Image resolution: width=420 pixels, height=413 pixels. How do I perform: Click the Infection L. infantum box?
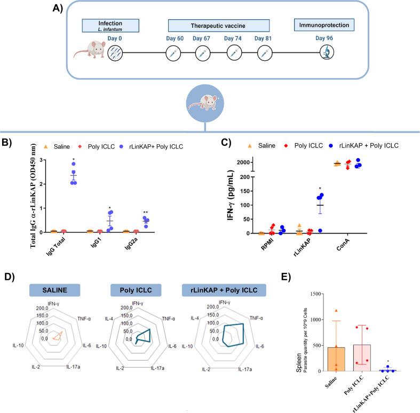coord(110,26)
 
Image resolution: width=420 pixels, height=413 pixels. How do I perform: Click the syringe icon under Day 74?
coord(233,53)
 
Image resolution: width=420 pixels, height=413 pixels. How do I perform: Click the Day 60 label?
coord(172,38)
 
